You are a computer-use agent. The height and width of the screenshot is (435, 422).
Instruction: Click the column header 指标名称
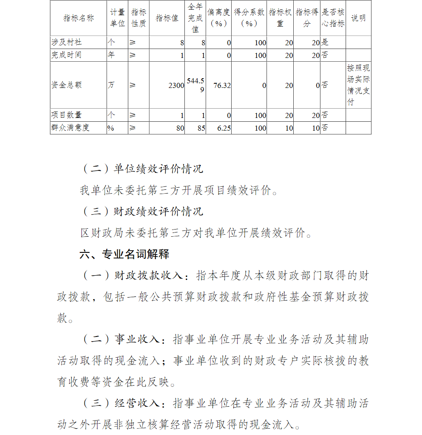click(78, 18)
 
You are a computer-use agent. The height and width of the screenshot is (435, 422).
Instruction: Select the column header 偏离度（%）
click(219, 18)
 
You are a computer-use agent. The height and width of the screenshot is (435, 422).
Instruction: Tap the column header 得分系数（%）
click(249, 18)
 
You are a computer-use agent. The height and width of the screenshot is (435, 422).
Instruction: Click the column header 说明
click(358, 18)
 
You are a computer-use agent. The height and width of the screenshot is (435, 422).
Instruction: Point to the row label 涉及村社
click(67, 42)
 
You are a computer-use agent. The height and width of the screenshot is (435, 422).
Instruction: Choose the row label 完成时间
click(67, 55)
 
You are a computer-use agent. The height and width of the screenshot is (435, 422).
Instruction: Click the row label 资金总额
click(67, 85)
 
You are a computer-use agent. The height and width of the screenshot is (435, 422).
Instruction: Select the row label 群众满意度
click(70, 128)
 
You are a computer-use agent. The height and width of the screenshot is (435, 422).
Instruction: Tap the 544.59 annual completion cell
click(196, 85)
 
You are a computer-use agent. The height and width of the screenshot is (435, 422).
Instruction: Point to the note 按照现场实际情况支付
click(358, 85)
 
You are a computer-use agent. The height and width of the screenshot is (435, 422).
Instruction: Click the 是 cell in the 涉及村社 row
click(325, 42)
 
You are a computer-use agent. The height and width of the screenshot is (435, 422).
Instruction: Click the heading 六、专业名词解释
click(124, 254)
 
